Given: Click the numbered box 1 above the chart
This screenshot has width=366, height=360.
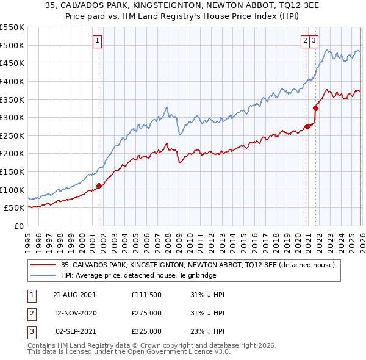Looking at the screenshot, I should [97, 41].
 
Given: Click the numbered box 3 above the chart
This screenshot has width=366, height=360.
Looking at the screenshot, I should [314, 41].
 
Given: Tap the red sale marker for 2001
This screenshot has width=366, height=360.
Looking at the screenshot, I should [99, 185].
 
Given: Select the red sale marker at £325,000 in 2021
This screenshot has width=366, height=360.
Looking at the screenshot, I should [315, 109].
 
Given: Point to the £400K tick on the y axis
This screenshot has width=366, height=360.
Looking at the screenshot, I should [13, 81].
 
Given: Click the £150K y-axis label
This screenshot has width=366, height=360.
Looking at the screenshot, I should [13, 171].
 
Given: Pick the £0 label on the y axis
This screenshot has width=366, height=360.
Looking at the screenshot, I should [18, 226].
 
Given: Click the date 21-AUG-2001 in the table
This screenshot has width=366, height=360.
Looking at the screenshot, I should [74, 295].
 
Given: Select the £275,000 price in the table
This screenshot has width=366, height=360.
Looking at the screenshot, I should [146, 313].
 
